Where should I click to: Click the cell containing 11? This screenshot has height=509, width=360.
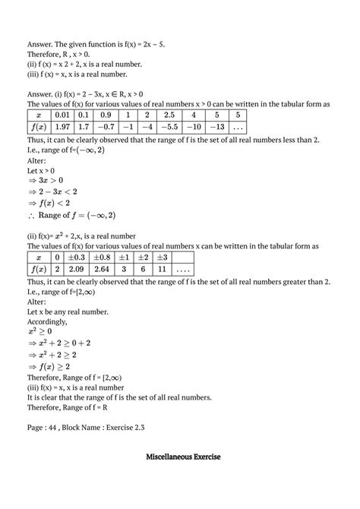click(x=178, y=270)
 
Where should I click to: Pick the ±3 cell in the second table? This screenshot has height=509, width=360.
click(x=178, y=257)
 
